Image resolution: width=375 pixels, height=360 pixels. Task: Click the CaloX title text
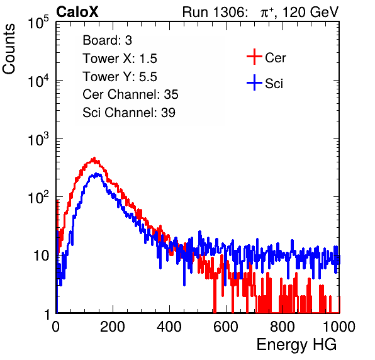pyautogui.click(x=77, y=12)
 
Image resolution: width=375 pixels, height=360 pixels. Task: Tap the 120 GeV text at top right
pyautogui.click(x=310, y=12)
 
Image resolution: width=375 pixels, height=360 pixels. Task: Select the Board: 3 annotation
pyautogui.click(x=107, y=40)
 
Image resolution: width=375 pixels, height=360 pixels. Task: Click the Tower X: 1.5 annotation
pyautogui.click(x=120, y=59)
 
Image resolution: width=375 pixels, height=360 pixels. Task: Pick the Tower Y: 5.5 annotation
pyautogui.click(x=120, y=77)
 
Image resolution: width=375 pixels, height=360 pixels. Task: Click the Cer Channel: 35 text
pyautogui.click(x=130, y=94)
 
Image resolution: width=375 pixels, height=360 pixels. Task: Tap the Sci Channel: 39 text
pyautogui.click(x=129, y=113)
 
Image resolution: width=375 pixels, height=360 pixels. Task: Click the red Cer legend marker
pyautogui.click(x=254, y=57)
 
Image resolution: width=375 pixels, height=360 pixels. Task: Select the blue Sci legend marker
pyautogui.click(x=254, y=83)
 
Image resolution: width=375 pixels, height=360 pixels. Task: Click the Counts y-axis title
pyautogui.click(x=9, y=49)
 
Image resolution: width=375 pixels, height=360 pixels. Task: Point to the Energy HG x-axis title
pyautogui.click(x=296, y=345)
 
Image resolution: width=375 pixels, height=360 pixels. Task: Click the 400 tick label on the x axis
pyautogui.click(x=169, y=327)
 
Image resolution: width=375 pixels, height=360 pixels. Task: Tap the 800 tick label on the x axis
pyautogui.click(x=283, y=327)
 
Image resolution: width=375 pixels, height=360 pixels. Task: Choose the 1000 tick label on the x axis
pyautogui.click(x=339, y=327)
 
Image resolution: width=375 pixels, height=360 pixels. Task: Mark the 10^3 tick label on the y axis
pyautogui.click(x=38, y=139)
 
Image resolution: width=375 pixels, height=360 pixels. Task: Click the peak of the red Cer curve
pyautogui.click(x=94, y=158)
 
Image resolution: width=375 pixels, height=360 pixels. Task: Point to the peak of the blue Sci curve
pyautogui.click(x=96, y=174)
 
